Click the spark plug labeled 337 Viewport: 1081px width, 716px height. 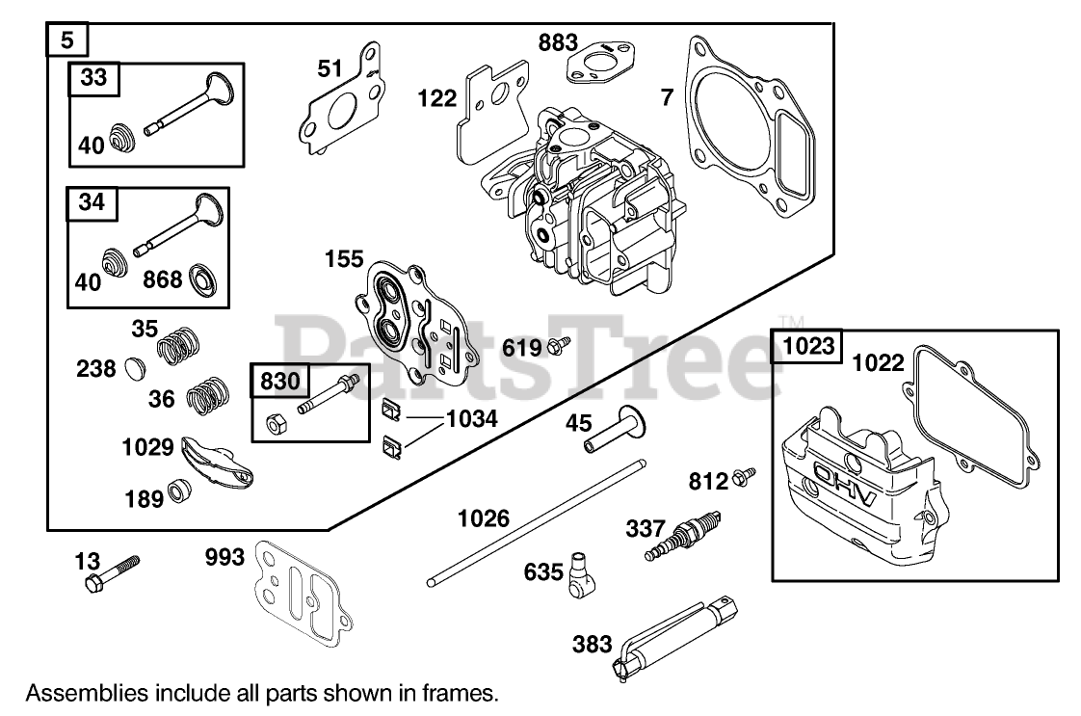[682, 536]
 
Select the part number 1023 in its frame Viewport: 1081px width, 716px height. [808, 345]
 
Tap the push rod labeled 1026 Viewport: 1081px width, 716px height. [537, 523]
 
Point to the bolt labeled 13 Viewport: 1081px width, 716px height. [112, 573]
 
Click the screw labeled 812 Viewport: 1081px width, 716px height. [744, 476]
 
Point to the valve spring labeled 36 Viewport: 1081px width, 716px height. [207, 396]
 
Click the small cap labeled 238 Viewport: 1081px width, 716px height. [136, 368]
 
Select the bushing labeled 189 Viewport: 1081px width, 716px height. [180, 490]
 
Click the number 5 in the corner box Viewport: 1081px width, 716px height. [66, 40]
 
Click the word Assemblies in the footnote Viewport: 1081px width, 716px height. [77, 693]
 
